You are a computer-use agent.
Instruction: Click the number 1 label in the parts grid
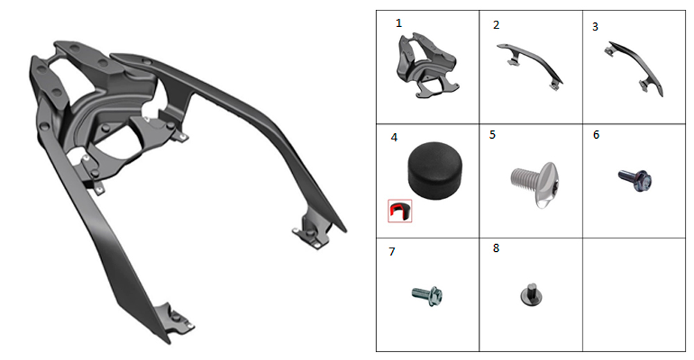[x=399, y=24]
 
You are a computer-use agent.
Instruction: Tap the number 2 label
[x=496, y=25]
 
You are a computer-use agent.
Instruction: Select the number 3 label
[x=595, y=27]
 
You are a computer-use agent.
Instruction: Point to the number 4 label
[x=394, y=137]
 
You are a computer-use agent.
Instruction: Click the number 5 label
[x=492, y=135]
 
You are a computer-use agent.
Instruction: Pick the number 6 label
[x=596, y=135]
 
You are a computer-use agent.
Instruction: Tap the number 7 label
[x=391, y=252]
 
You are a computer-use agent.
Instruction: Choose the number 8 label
[x=496, y=248]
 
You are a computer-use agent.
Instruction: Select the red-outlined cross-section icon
[x=400, y=211]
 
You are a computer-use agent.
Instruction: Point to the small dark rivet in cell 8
[x=532, y=294]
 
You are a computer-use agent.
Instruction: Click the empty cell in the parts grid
[x=634, y=295]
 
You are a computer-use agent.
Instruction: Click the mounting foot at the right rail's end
[x=312, y=231]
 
